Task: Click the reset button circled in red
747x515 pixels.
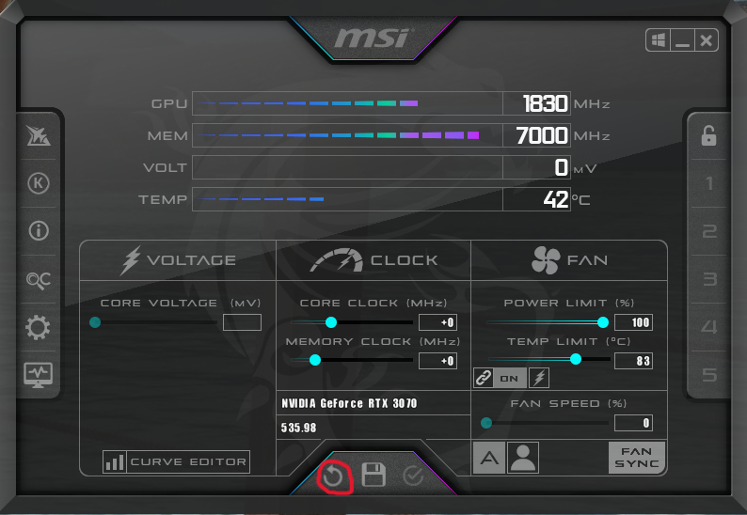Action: coord(333,476)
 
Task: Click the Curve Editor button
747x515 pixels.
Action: coord(177,461)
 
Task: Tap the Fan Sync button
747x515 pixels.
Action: coord(637,458)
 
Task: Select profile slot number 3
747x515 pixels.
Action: coord(709,279)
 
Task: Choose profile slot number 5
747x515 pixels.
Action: coord(709,376)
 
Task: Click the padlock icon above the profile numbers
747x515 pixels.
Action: coord(708,135)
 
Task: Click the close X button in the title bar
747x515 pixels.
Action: coord(707,40)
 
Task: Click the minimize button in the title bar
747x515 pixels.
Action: coord(682,40)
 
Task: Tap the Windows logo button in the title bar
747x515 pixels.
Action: coord(658,40)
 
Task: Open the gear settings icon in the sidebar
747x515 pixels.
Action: coord(39,328)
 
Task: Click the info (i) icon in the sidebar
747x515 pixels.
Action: coord(39,230)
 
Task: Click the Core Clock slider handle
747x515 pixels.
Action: coord(331,322)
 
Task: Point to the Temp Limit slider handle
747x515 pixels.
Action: coord(576,359)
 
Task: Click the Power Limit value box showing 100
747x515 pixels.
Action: coord(633,322)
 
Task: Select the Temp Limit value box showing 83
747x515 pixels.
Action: coord(633,360)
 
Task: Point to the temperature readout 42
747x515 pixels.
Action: coord(556,199)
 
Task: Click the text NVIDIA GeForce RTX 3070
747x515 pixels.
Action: coord(349,403)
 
